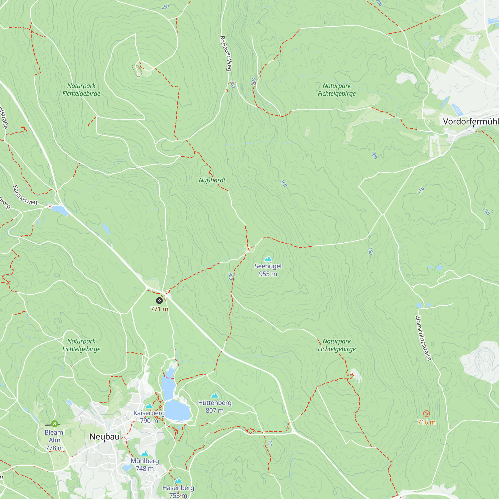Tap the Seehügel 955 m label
(x=268, y=270)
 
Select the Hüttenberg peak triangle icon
(x=215, y=395)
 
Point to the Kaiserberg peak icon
(x=149, y=405)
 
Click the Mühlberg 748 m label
(x=145, y=465)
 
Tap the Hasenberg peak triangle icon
(x=178, y=481)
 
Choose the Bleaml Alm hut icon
(x=54, y=424)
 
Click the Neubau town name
(x=104, y=436)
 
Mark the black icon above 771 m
(x=159, y=300)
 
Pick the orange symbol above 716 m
(x=426, y=414)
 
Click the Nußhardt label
(x=212, y=180)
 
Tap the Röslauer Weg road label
(x=226, y=53)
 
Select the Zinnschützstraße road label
(x=423, y=338)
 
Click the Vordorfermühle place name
(x=471, y=122)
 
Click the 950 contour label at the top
(x=165, y=7)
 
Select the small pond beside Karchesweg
(x=60, y=210)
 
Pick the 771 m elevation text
(x=159, y=309)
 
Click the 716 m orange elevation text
(x=426, y=422)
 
